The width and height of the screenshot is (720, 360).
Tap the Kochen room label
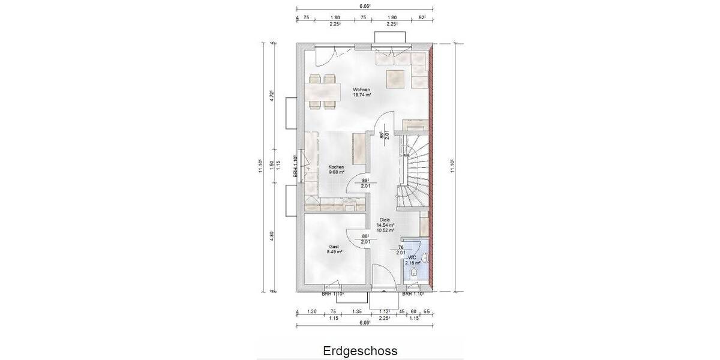(336, 167)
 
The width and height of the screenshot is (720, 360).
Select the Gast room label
(334, 247)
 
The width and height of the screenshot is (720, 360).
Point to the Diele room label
(384, 220)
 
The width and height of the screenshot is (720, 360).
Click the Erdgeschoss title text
(360, 349)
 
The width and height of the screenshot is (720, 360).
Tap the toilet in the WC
(415, 275)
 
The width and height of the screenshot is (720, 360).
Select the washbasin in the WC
(425, 259)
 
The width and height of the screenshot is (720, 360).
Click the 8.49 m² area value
(334, 252)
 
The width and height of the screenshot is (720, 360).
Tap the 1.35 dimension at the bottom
(357, 312)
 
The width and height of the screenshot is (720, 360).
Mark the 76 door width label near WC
(401, 247)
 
